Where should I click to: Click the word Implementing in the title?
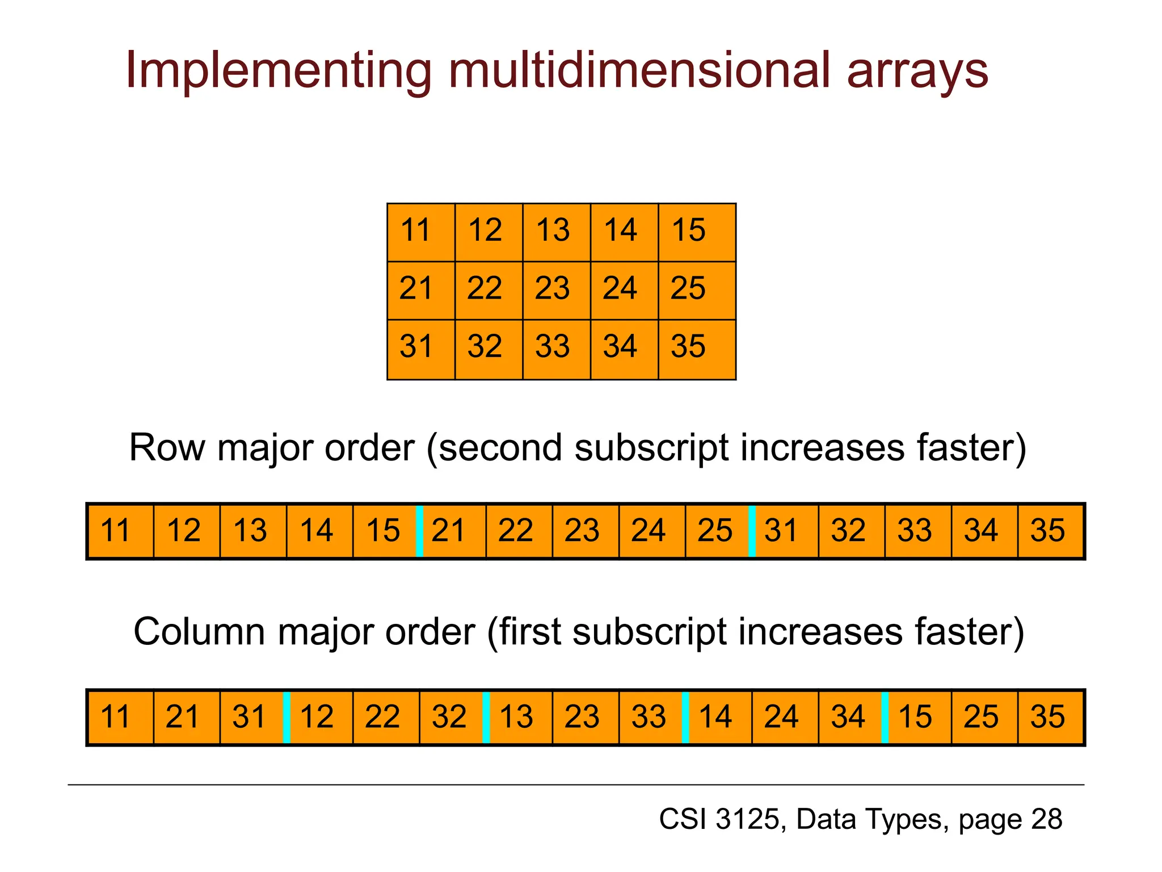[279, 70]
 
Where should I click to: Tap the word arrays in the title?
[917, 70]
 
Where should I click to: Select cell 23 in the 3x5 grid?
[556, 290]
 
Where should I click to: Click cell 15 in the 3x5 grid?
[696, 232]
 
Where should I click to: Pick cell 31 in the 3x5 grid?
[420, 348]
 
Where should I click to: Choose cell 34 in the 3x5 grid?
[624, 348]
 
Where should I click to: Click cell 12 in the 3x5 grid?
[488, 232]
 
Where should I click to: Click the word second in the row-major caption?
[500, 448]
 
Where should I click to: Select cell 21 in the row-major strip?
[453, 531]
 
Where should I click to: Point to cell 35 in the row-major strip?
[1050, 531]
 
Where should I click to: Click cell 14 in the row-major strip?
[319, 531]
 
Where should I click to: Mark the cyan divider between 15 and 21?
[419, 531]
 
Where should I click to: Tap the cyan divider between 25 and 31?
[752, 531]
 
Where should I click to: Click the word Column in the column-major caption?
[199, 632]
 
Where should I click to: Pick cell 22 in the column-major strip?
[386, 716]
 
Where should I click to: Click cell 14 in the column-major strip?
[719, 716]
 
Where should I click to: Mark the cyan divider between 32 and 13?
[486, 716]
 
